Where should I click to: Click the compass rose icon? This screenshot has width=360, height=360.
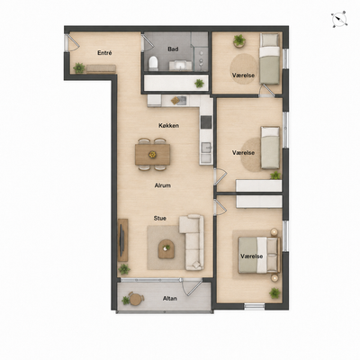pyautogui.click(x=339, y=19)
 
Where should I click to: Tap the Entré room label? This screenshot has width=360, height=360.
pyautogui.click(x=104, y=53)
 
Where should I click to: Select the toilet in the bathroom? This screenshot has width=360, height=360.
pyautogui.click(x=153, y=63)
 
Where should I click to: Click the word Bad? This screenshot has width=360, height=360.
pyautogui.click(x=174, y=49)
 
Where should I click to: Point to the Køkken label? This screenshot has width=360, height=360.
pyautogui.click(x=169, y=125)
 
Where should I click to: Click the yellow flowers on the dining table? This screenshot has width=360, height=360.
pyautogui.click(x=152, y=155)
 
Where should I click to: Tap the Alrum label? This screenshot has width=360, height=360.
pyautogui.click(x=163, y=185)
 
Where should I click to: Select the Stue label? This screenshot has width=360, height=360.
pyautogui.click(x=160, y=219)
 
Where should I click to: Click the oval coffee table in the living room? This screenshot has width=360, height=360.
pyautogui.click(x=166, y=249)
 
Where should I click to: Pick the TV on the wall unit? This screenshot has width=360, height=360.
pyautogui.click(x=121, y=240)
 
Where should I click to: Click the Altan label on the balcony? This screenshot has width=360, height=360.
pyautogui.click(x=170, y=299)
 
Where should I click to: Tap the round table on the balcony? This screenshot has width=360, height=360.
pyautogui.click(x=136, y=299)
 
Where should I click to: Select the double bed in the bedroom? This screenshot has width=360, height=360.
pyautogui.click(x=259, y=255)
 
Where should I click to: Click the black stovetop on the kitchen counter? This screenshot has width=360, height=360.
pyautogui.click(x=206, y=121)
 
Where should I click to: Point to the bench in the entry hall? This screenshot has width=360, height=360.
pyautogui.click(x=101, y=68)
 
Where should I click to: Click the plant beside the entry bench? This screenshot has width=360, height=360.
pyautogui.click(x=79, y=67)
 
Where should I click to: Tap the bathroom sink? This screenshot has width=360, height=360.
pyautogui.click(x=180, y=65)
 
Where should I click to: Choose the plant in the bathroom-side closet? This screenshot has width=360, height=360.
pyautogui.click(x=199, y=83)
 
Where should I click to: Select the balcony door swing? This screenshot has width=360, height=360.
pyautogui.click(x=192, y=287)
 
